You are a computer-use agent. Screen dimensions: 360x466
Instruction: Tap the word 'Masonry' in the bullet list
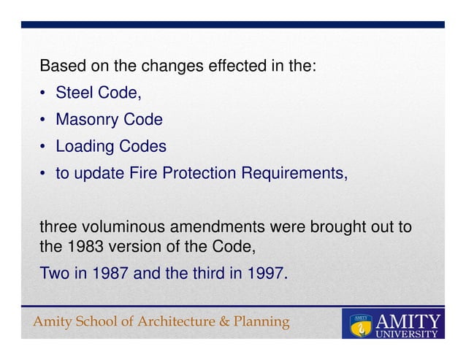(86, 120)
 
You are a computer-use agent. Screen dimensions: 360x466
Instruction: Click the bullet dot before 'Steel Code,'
(44, 93)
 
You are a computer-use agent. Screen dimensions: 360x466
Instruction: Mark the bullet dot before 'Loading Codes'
(44, 147)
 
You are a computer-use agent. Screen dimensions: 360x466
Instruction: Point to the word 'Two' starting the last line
(53, 275)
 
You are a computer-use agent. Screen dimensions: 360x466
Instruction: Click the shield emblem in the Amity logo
(359, 324)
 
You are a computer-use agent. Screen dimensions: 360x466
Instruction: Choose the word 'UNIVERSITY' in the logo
(408, 334)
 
